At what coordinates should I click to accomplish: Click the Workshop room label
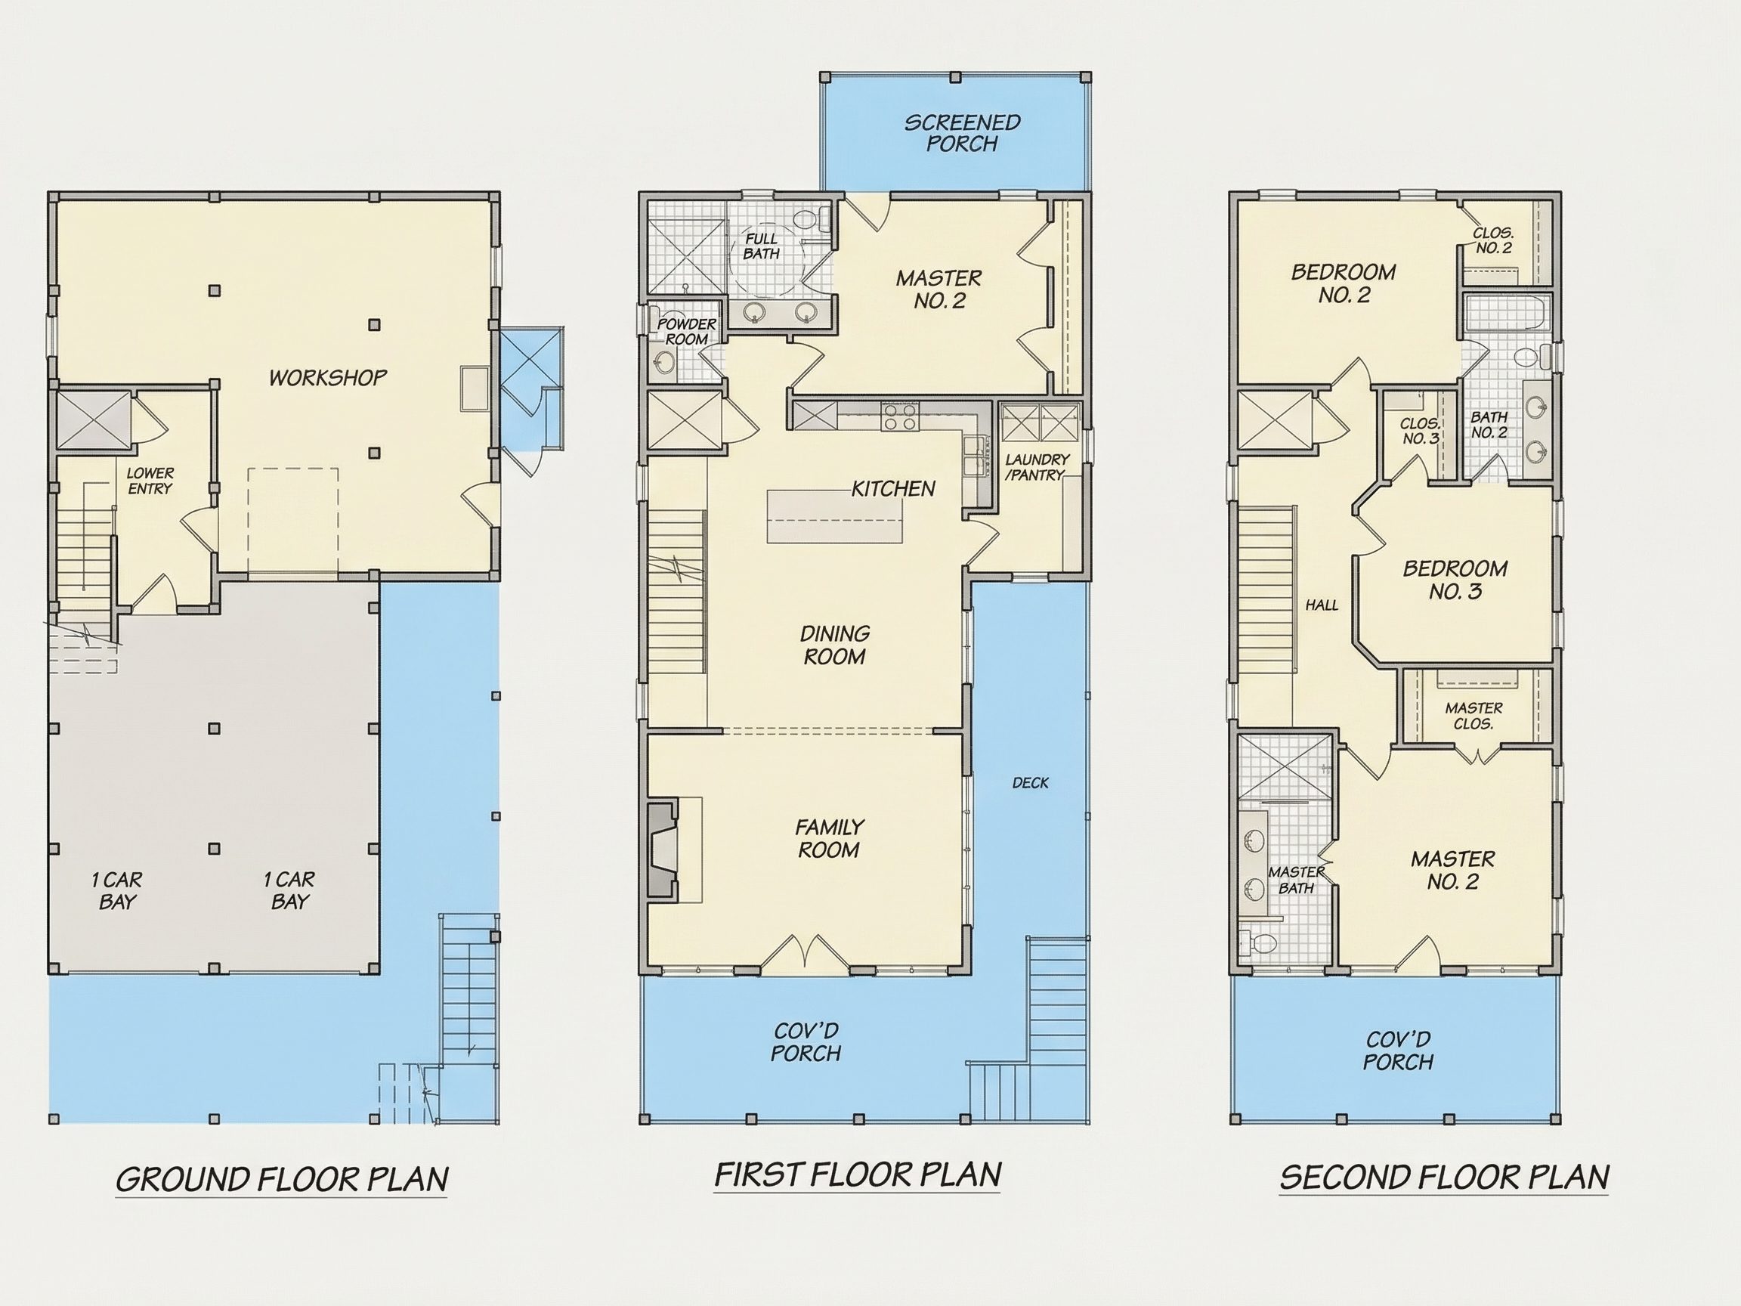click(328, 378)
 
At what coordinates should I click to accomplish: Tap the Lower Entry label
click(150, 481)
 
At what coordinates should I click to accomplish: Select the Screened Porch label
click(962, 133)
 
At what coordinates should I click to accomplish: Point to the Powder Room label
click(686, 332)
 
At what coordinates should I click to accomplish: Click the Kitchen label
click(893, 489)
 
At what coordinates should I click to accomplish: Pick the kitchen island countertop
click(835, 516)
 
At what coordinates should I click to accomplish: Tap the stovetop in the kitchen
click(901, 416)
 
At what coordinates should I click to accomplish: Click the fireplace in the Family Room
click(663, 849)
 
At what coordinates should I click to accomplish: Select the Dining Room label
click(834, 645)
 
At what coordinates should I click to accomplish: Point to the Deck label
click(1030, 782)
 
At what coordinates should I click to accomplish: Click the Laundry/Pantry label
click(1037, 467)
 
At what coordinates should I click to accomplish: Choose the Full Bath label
click(761, 246)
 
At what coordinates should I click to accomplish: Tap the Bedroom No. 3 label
click(1455, 580)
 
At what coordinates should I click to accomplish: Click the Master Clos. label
click(1474, 716)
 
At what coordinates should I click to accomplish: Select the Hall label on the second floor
click(1322, 605)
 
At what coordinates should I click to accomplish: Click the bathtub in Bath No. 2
click(1508, 314)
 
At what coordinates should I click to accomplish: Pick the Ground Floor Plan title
click(282, 1179)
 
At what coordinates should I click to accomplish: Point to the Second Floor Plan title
click(1444, 1178)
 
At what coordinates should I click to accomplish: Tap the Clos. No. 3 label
click(1420, 431)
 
